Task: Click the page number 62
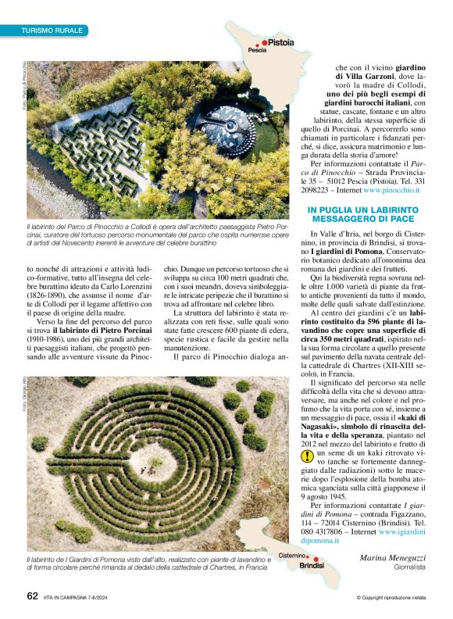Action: click(32, 597)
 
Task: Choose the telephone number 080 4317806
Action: click(337, 528)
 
